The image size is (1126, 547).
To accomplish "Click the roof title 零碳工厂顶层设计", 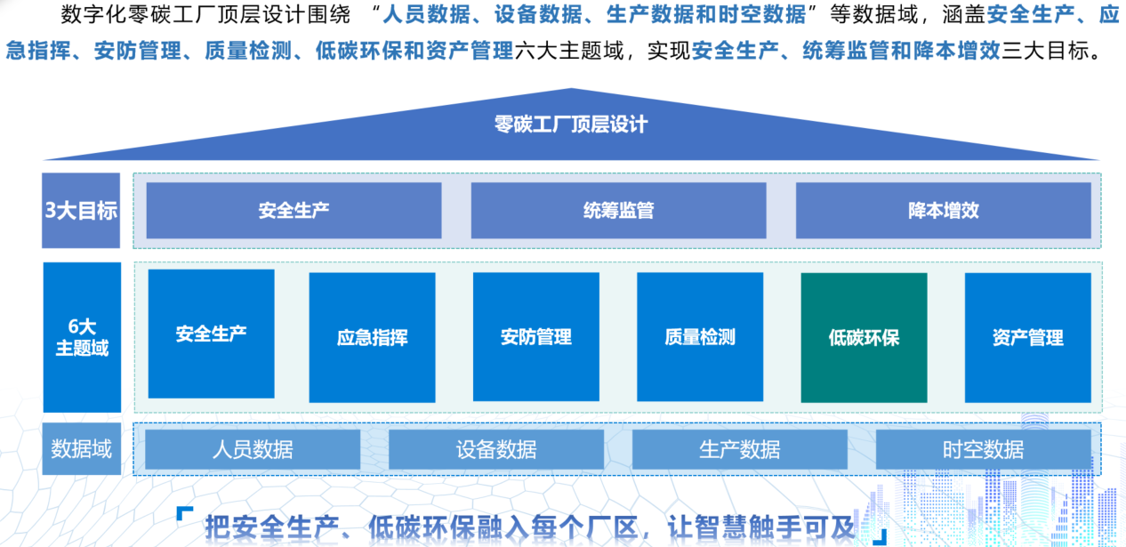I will [570, 124].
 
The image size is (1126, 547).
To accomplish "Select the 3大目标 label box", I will [81, 211].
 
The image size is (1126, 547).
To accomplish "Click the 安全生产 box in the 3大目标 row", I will [294, 211].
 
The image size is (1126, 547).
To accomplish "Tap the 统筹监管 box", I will [618, 211].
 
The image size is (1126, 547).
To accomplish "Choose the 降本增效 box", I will [943, 211].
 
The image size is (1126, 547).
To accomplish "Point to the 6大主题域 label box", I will [82, 337].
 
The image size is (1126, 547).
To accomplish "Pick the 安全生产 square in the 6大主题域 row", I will [211, 334].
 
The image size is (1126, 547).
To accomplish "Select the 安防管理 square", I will [535, 337].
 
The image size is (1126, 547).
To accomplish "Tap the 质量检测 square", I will [700, 337].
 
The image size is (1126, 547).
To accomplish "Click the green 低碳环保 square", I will [864, 337].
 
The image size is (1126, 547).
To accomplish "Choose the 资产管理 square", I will [1027, 337].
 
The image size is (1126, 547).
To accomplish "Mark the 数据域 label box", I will [81, 449].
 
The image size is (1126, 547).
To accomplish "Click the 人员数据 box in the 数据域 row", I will [253, 449].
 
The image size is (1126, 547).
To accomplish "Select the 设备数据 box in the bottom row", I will [496, 449].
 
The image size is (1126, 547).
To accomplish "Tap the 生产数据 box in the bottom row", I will [740, 449].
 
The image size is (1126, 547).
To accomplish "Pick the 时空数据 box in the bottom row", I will [983, 449].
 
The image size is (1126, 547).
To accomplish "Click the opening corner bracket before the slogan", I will [184, 515].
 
